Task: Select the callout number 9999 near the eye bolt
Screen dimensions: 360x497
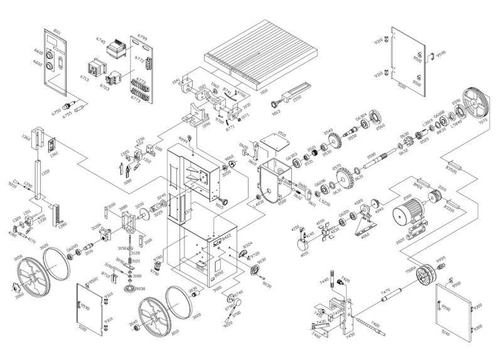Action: tap(184, 137)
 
